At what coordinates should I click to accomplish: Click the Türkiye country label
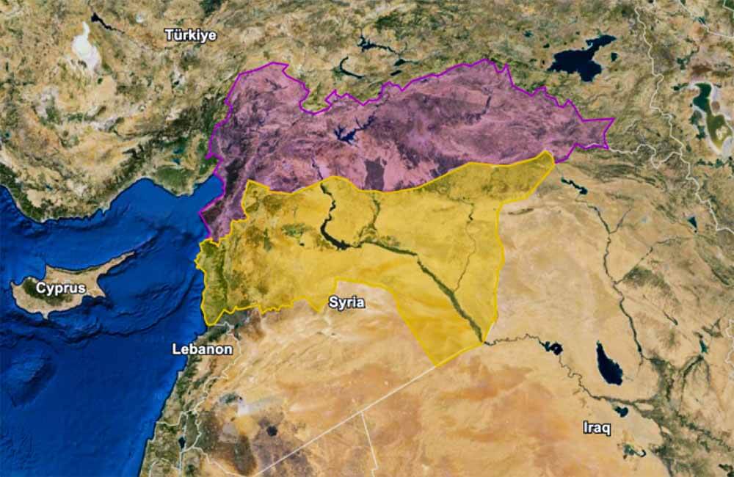190,34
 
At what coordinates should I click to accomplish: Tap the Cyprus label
60,288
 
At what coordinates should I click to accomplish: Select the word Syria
346,302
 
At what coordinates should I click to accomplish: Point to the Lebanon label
202,349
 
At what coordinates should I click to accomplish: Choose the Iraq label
596,427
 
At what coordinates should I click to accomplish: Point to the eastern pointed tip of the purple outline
612,120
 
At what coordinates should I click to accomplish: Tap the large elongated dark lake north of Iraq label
608,363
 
